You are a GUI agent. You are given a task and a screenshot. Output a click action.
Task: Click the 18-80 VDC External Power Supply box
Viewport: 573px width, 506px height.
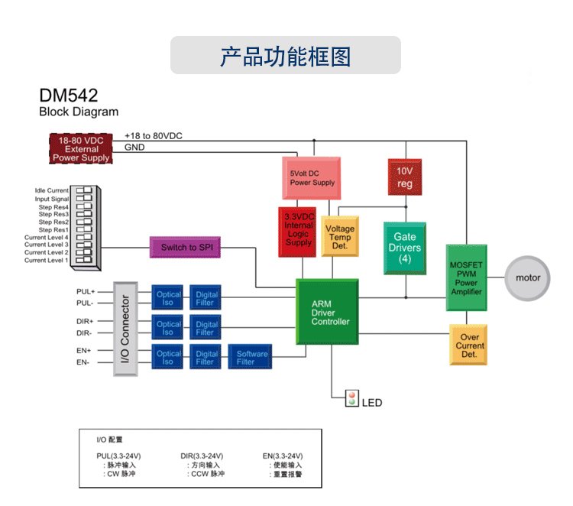coord(82,148)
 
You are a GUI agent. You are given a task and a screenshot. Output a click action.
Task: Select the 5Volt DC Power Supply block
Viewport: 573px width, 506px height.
coord(312,177)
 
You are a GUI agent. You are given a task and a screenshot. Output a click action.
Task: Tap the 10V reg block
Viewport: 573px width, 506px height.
coord(404,177)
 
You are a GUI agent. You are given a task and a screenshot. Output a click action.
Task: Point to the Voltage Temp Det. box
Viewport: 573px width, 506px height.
coord(340,237)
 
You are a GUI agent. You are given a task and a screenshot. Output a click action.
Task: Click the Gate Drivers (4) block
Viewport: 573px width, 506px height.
coord(404,248)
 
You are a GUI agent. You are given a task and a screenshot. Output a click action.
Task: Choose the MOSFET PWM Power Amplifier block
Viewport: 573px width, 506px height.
coord(466,276)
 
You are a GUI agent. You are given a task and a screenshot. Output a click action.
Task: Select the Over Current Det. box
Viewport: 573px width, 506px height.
coord(468,345)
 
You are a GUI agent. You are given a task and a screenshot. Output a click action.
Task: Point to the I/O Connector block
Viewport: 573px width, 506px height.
coord(127,329)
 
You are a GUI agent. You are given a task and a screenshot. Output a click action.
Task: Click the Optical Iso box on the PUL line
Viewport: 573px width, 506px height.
coord(169,298)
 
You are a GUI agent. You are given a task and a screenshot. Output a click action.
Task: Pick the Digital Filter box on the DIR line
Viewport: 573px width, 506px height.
coord(205,327)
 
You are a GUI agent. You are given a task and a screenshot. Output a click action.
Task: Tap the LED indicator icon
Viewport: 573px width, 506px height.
coord(352,398)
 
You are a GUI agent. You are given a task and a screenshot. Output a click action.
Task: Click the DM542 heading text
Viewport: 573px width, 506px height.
coord(68,96)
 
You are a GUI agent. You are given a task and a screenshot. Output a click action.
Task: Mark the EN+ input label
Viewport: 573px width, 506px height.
coord(84,351)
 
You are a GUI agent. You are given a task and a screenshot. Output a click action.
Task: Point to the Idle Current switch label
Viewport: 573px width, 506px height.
coord(51,190)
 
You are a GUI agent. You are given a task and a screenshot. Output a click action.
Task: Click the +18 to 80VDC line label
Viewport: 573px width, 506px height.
coord(154,136)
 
